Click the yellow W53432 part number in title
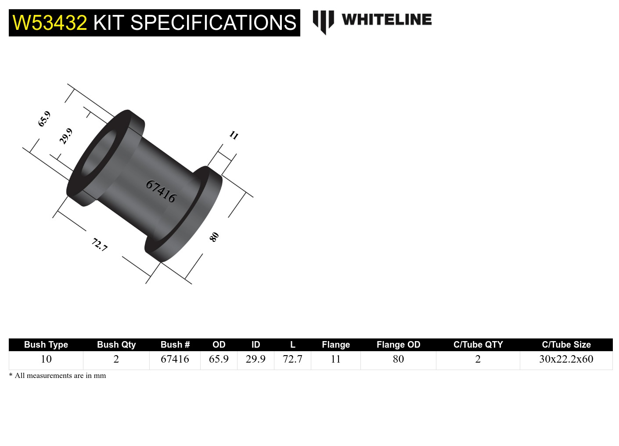click(50, 23)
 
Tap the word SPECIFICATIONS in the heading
click(213, 23)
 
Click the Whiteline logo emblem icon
click(323, 22)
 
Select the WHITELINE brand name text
click(386, 20)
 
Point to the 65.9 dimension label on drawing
click(44, 119)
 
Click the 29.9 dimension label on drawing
click(66, 136)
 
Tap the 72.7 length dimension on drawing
click(100, 245)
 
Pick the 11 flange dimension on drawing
click(234, 135)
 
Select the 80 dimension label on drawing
click(214, 237)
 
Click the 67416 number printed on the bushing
click(161, 191)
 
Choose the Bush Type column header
click(46, 345)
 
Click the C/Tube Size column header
click(566, 345)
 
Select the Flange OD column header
click(398, 345)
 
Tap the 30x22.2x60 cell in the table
click(566, 359)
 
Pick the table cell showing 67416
click(175, 359)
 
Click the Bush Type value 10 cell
click(46, 359)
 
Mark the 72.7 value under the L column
click(292, 359)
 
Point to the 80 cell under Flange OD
click(398, 359)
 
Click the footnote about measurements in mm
click(58, 376)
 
